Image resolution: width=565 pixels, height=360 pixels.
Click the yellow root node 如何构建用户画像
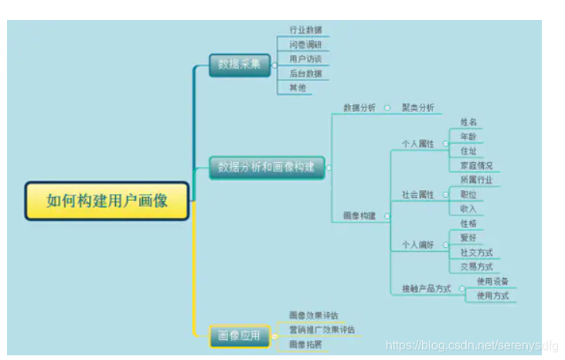click(x=107, y=201)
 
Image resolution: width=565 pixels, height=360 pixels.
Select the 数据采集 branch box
click(x=239, y=66)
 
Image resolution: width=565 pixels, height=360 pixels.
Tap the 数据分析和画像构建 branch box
click(x=266, y=167)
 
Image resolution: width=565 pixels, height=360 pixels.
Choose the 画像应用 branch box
click(x=239, y=336)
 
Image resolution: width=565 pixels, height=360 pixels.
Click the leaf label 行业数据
click(x=305, y=30)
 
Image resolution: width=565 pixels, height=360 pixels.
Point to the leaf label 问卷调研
click(x=305, y=45)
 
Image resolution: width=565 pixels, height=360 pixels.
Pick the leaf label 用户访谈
click(x=305, y=59)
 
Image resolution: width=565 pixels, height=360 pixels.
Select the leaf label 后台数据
click(x=305, y=73)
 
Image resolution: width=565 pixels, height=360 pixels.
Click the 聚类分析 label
click(x=417, y=108)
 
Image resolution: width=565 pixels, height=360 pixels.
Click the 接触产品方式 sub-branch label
click(x=426, y=289)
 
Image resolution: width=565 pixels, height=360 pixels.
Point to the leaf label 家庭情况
click(x=476, y=165)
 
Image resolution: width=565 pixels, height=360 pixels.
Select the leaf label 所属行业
click(x=476, y=180)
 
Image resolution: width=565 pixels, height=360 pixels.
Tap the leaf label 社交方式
click(x=476, y=253)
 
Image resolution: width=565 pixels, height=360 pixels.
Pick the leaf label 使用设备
click(x=492, y=281)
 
